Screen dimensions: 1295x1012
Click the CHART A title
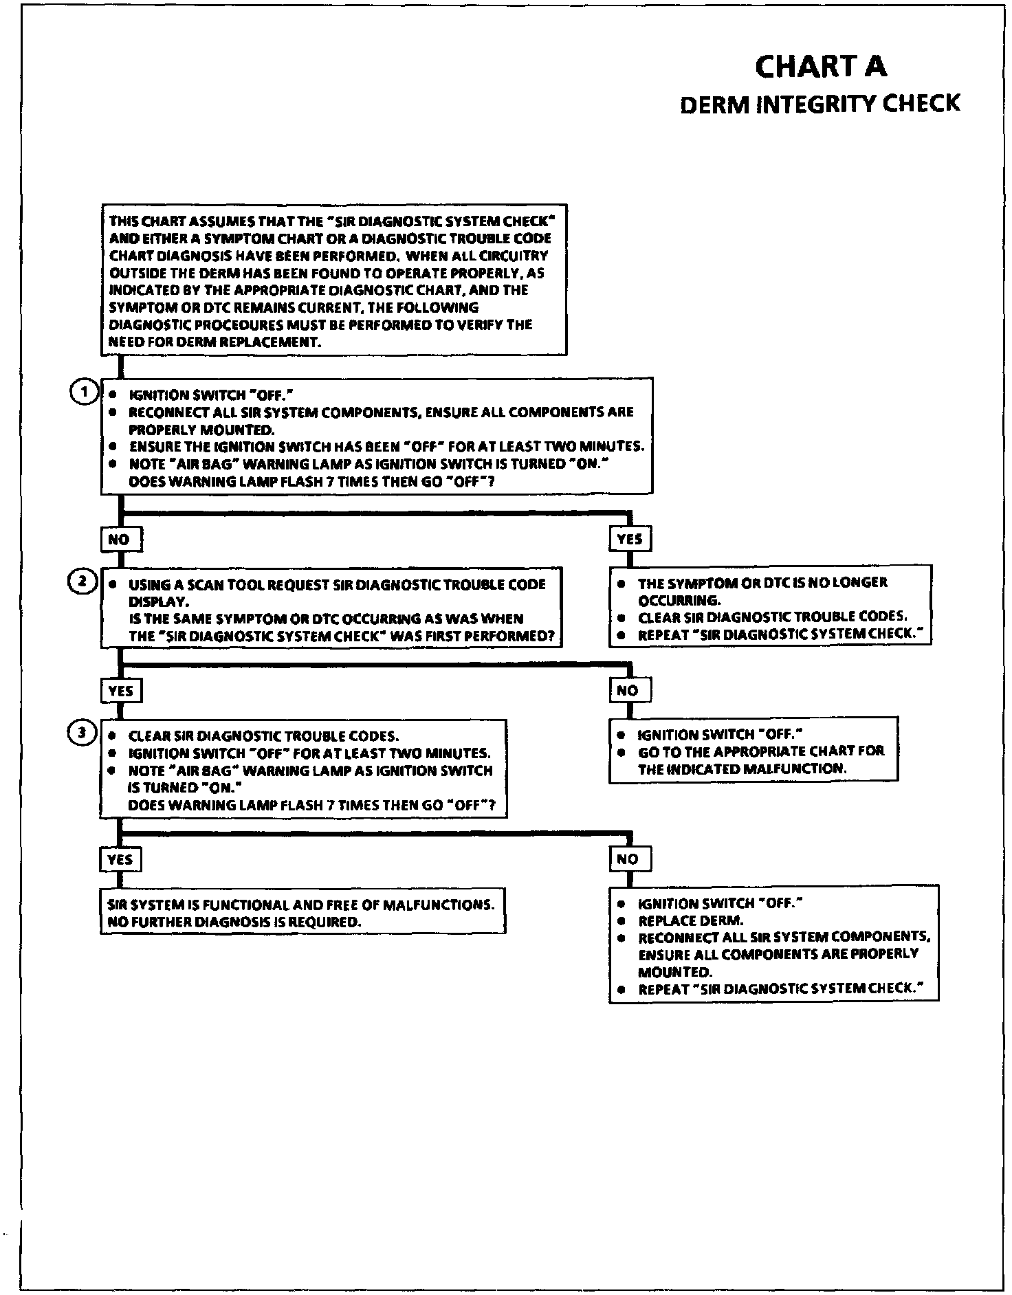[821, 67]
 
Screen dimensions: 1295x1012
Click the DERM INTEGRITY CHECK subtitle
[819, 104]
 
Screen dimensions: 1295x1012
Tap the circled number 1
[84, 392]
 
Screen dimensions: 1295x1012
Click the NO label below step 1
[120, 540]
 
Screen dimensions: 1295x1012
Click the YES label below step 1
[630, 540]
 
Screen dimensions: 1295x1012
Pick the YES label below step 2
[121, 691]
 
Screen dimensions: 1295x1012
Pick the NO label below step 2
[628, 691]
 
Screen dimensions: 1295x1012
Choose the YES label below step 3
[120, 859]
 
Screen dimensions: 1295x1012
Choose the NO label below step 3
[628, 859]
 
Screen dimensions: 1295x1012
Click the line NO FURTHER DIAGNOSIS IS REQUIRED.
[234, 922]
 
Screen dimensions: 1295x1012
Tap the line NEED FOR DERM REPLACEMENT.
[215, 342]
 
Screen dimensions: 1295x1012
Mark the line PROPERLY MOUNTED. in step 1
[201, 430]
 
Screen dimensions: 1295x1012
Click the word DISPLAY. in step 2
[154, 601]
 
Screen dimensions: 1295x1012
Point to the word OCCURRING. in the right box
[679, 600]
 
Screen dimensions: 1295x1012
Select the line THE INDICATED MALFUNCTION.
[742, 768]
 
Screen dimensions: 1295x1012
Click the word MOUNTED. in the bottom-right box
[675, 973]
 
